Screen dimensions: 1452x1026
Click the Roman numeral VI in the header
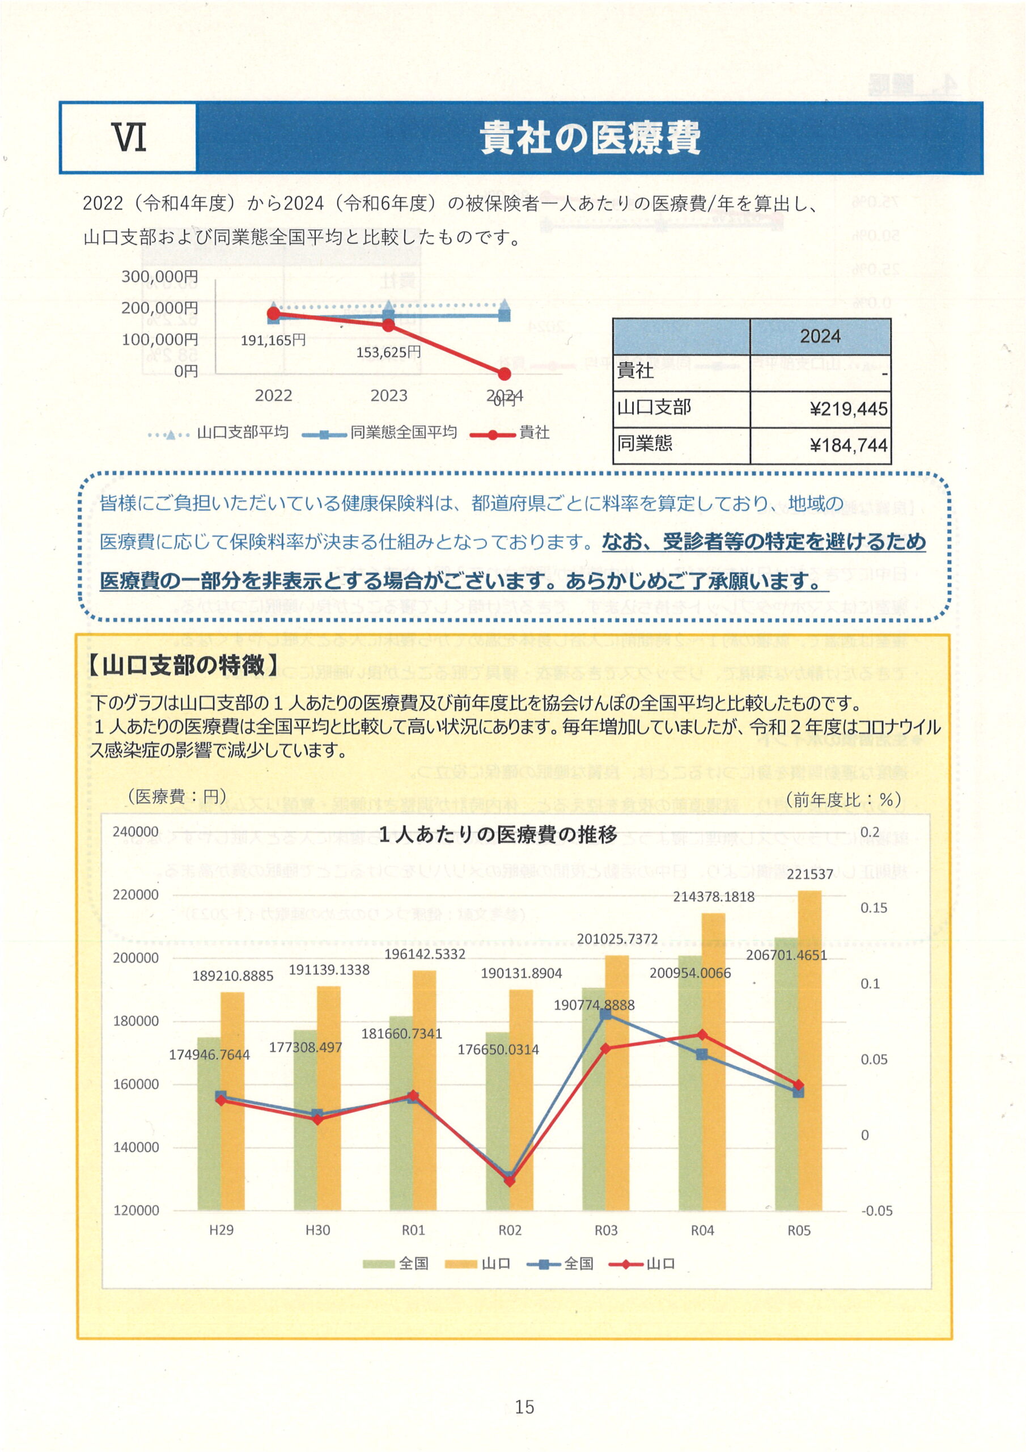(x=129, y=137)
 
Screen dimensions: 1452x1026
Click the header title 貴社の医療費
(x=589, y=137)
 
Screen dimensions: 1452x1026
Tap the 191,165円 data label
(x=273, y=340)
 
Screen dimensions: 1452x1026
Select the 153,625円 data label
(x=388, y=352)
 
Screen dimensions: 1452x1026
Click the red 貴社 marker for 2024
(x=504, y=374)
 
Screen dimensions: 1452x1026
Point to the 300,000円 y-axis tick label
(x=160, y=276)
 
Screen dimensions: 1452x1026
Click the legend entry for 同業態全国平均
(x=404, y=433)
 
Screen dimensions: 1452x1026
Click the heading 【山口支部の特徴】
(x=183, y=665)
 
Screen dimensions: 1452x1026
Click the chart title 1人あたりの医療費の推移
(x=498, y=835)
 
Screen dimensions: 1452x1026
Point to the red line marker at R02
(x=510, y=1181)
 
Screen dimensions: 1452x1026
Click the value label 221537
(x=810, y=875)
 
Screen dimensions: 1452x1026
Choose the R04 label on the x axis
(x=702, y=1230)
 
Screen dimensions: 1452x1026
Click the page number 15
(x=525, y=1407)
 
